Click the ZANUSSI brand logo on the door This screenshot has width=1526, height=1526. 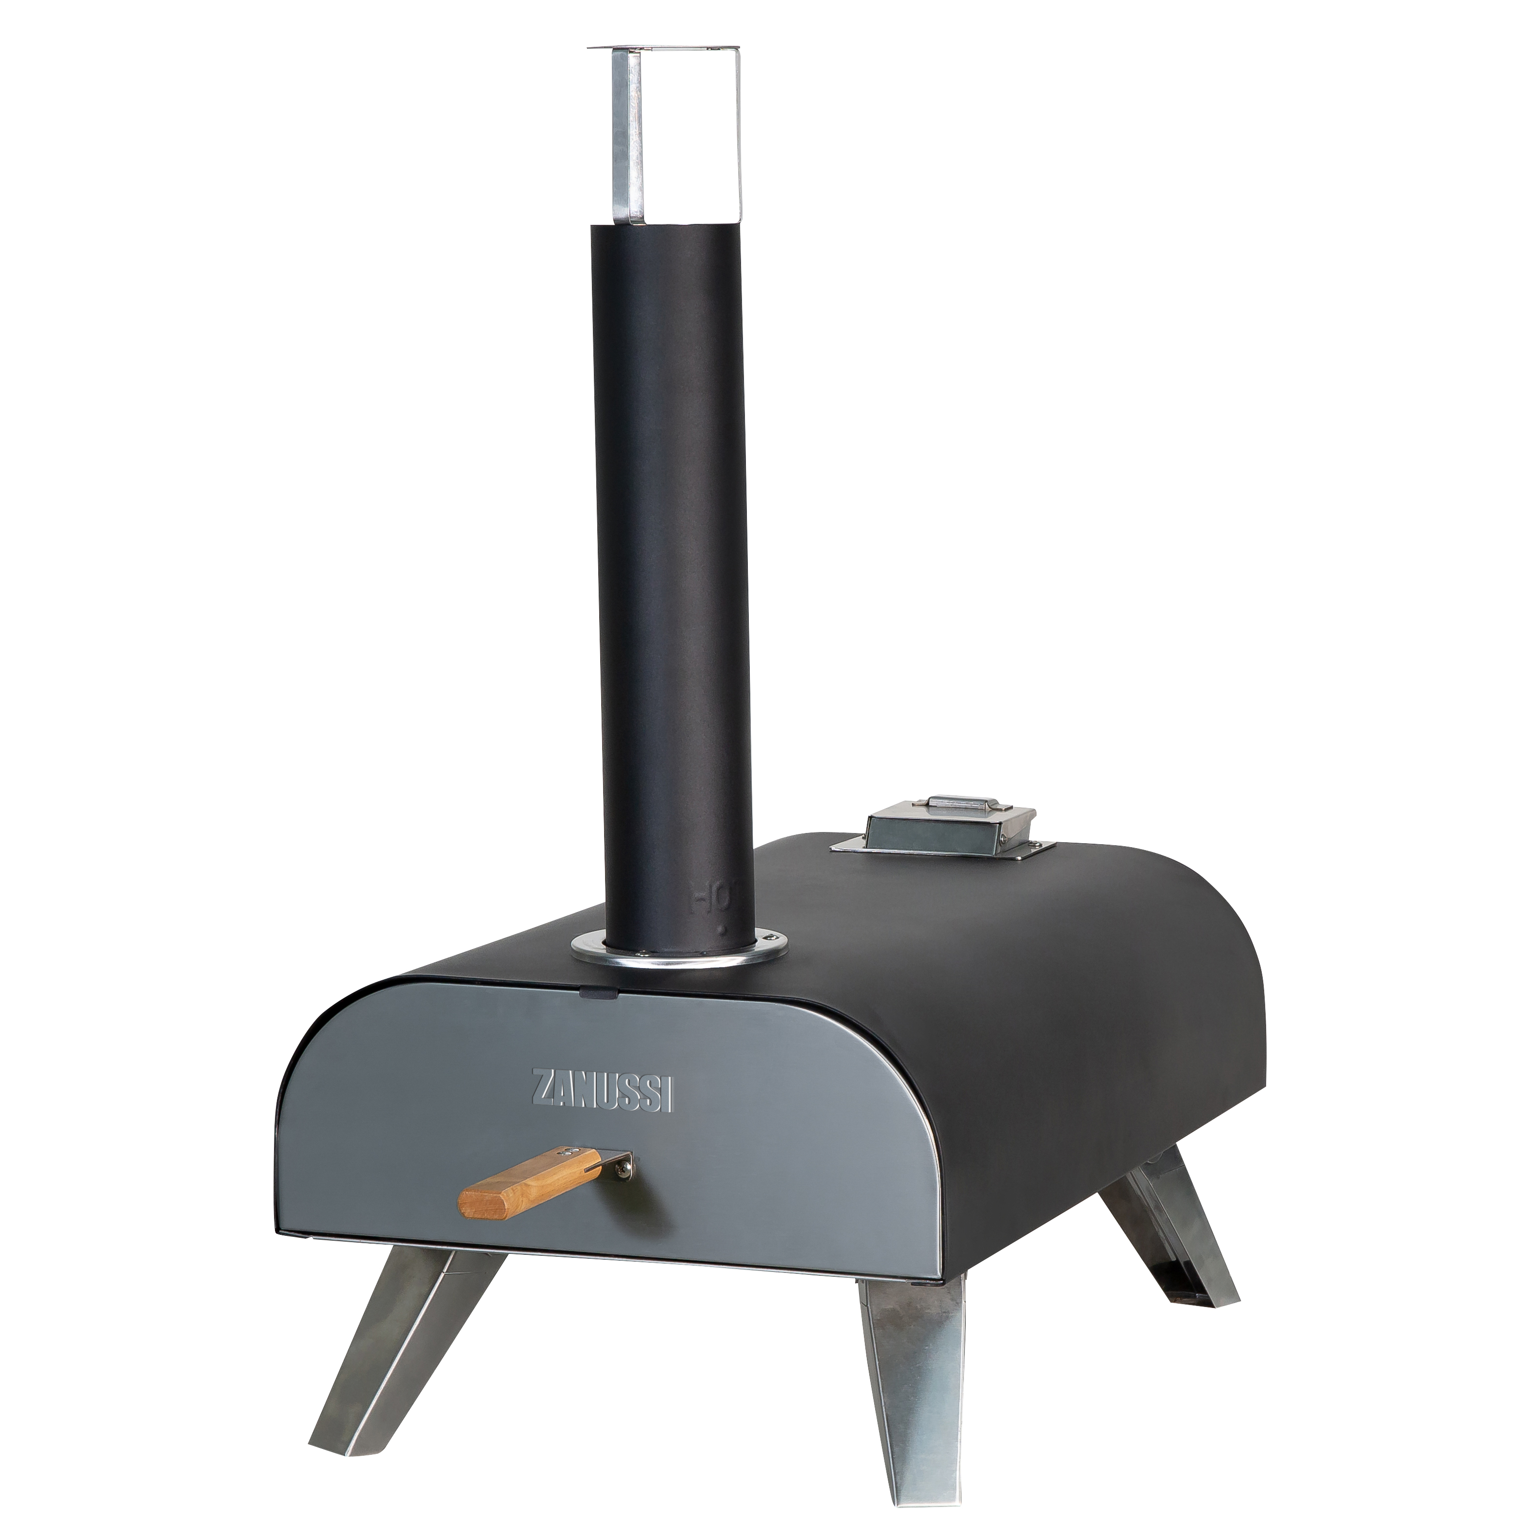coord(603,1090)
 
